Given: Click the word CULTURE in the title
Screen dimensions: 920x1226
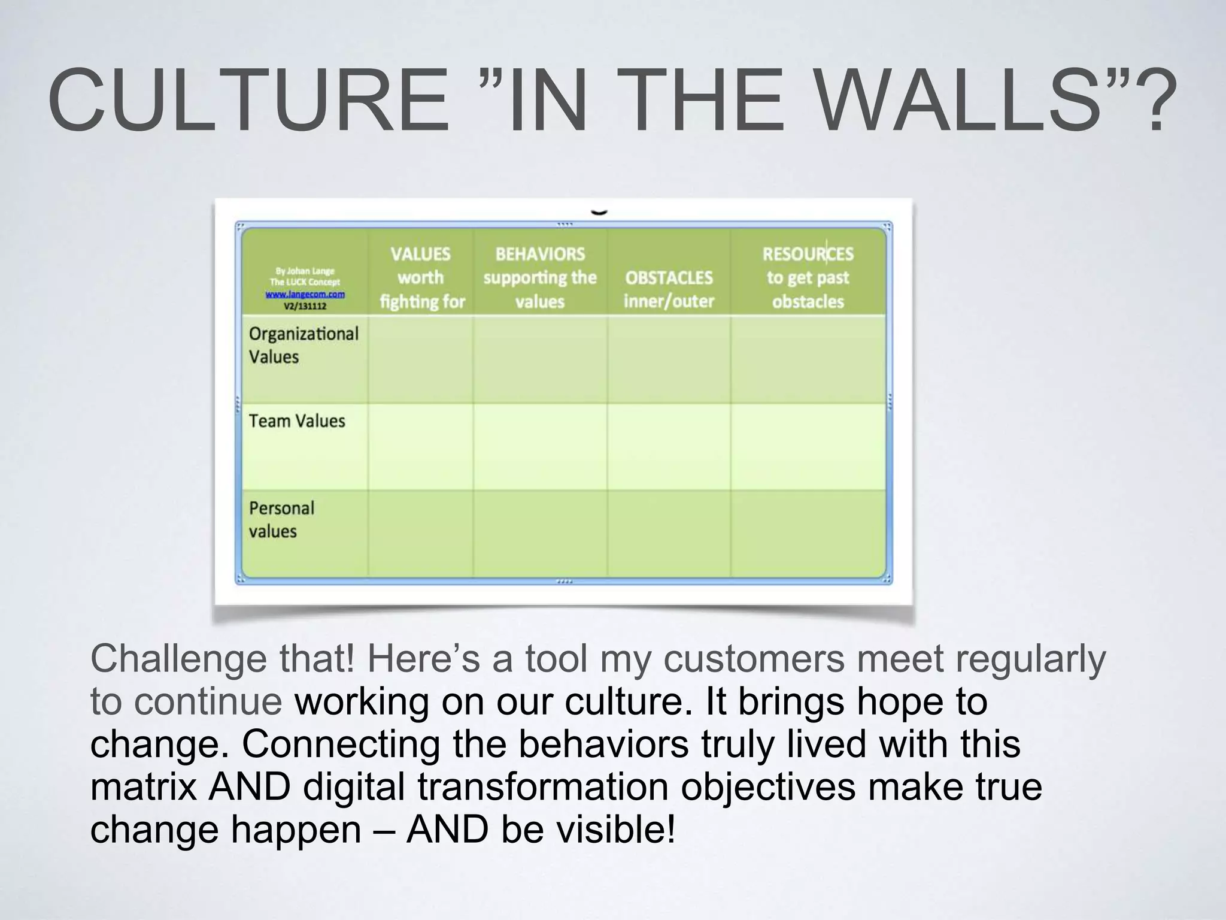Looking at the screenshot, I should tap(248, 100).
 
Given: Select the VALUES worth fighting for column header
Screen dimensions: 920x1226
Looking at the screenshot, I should tap(421, 277).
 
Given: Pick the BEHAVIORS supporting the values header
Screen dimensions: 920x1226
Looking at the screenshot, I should tap(540, 277).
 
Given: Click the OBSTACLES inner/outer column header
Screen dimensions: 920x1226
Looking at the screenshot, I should tap(669, 289).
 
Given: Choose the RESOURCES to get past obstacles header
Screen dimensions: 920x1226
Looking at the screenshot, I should tap(808, 277).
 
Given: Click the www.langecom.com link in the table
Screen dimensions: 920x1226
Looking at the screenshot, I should tap(305, 294).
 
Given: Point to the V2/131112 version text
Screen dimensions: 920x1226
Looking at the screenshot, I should tap(305, 306).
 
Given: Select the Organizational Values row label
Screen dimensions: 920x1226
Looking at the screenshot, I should tap(304, 345).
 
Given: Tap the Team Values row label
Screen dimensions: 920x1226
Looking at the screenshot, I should tap(297, 421).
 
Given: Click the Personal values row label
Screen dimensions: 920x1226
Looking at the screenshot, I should tap(281, 519).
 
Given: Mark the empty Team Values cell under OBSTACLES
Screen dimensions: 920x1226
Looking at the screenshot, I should tap(669, 447).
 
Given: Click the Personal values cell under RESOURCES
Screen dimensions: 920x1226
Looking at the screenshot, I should tap(808, 534).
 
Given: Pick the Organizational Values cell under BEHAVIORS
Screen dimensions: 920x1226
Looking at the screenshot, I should tap(540, 359).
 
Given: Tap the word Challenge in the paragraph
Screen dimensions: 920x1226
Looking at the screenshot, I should tap(178, 659).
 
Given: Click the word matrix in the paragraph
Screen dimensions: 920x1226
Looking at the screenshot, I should tap(144, 787).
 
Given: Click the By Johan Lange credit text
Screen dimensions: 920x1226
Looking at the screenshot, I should tap(305, 271).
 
